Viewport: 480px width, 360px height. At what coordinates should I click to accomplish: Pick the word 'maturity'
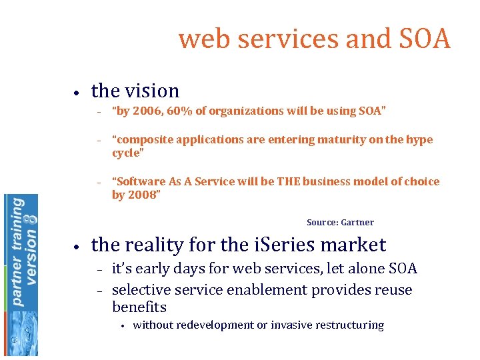341,139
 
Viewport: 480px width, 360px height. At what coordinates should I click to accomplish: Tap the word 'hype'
417,139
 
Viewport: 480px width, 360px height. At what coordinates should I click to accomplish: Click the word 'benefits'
139,307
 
